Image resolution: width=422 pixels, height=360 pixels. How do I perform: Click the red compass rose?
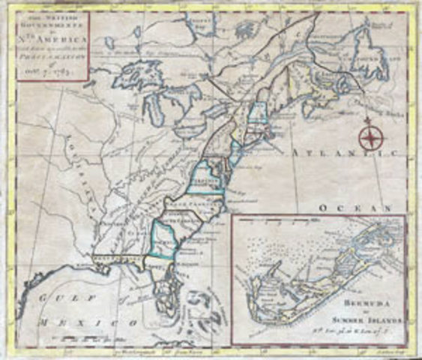(x=369, y=138)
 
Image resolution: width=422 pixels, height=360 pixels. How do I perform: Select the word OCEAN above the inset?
(x=354, y=206)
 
